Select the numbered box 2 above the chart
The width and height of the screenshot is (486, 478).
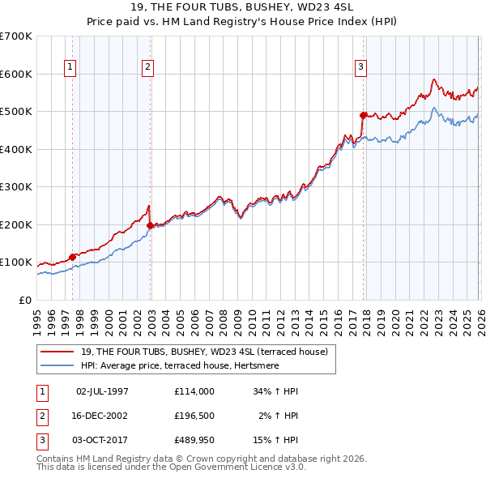147,67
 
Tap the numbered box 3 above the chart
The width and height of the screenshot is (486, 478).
360,67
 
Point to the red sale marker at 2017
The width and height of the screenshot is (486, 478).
363,115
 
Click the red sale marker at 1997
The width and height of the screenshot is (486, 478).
72,257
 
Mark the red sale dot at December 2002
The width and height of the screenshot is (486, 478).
151,226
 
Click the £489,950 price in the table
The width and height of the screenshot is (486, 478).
194,440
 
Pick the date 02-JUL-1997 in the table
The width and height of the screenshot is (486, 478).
102,391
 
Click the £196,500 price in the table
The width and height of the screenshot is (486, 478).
194,416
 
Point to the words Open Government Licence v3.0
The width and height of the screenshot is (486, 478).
243,467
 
